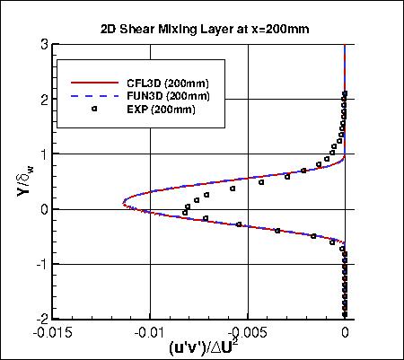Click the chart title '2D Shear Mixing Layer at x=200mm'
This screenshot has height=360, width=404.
click(206, 28)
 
